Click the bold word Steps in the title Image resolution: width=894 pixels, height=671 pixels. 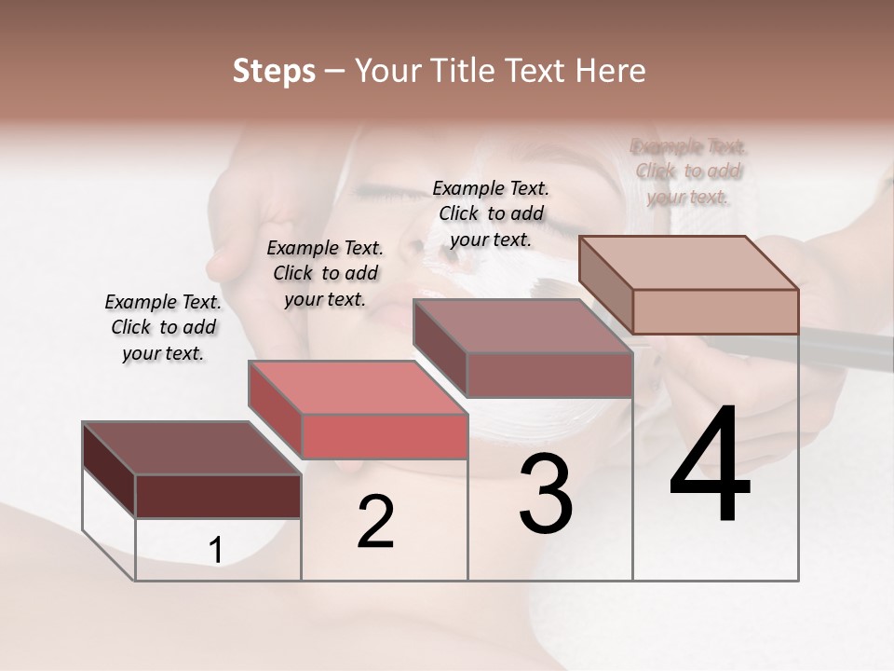(274, 71)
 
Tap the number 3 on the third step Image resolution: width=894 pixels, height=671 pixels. (546, 493)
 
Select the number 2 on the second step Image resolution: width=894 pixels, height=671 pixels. (376, 522)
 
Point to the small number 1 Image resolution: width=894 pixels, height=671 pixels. (216, 551)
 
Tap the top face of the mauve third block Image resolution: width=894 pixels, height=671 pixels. (522, 326)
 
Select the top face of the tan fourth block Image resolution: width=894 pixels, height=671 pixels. (689, 263)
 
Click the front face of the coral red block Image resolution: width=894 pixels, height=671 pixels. (385, 436)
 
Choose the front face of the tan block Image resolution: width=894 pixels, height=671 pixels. (715, 311)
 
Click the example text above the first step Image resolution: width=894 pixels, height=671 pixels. (163, 327)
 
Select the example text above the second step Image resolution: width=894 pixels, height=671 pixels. (325, 273)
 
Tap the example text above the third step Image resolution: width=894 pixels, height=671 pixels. (491, 213)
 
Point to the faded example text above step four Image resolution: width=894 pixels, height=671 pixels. (688, 171)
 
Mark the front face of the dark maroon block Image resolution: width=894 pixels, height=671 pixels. (218, 496)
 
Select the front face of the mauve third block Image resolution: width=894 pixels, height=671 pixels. (549, 375)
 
